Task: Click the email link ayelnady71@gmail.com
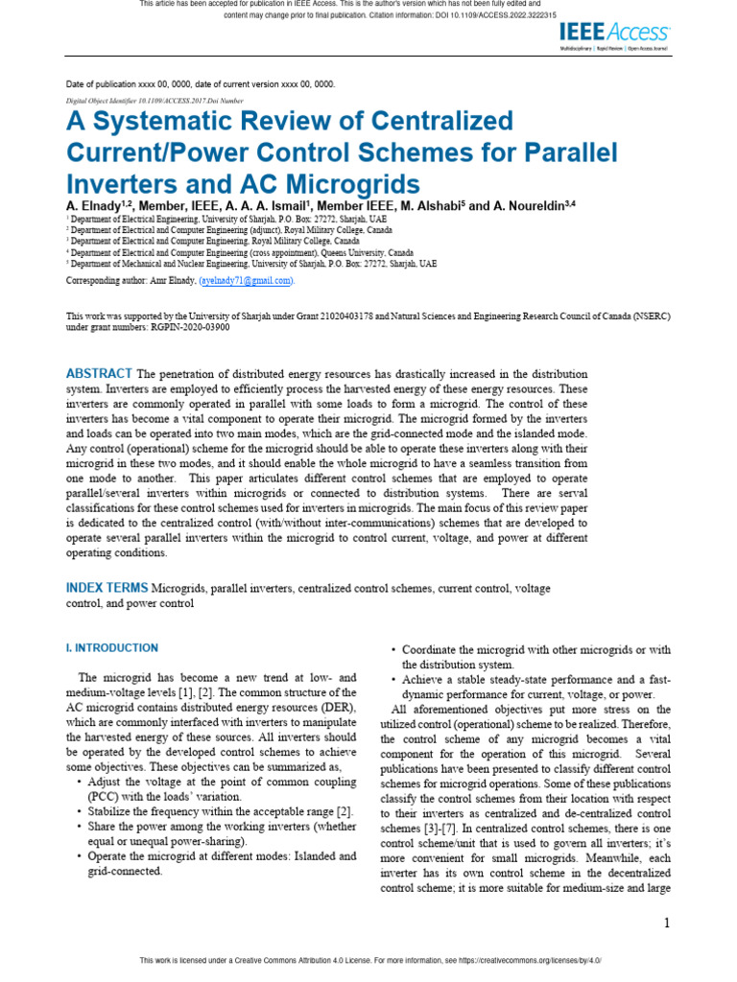pyautogui.click(x=246, y=280)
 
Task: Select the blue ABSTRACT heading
pyautogui.click(x=99, y=373)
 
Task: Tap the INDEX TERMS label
pyautogui.click(x=107, y=587)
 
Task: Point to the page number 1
pyautogui.click(x=666, y=923)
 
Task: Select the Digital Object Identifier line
pyautogui.click(x=155, y=100)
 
